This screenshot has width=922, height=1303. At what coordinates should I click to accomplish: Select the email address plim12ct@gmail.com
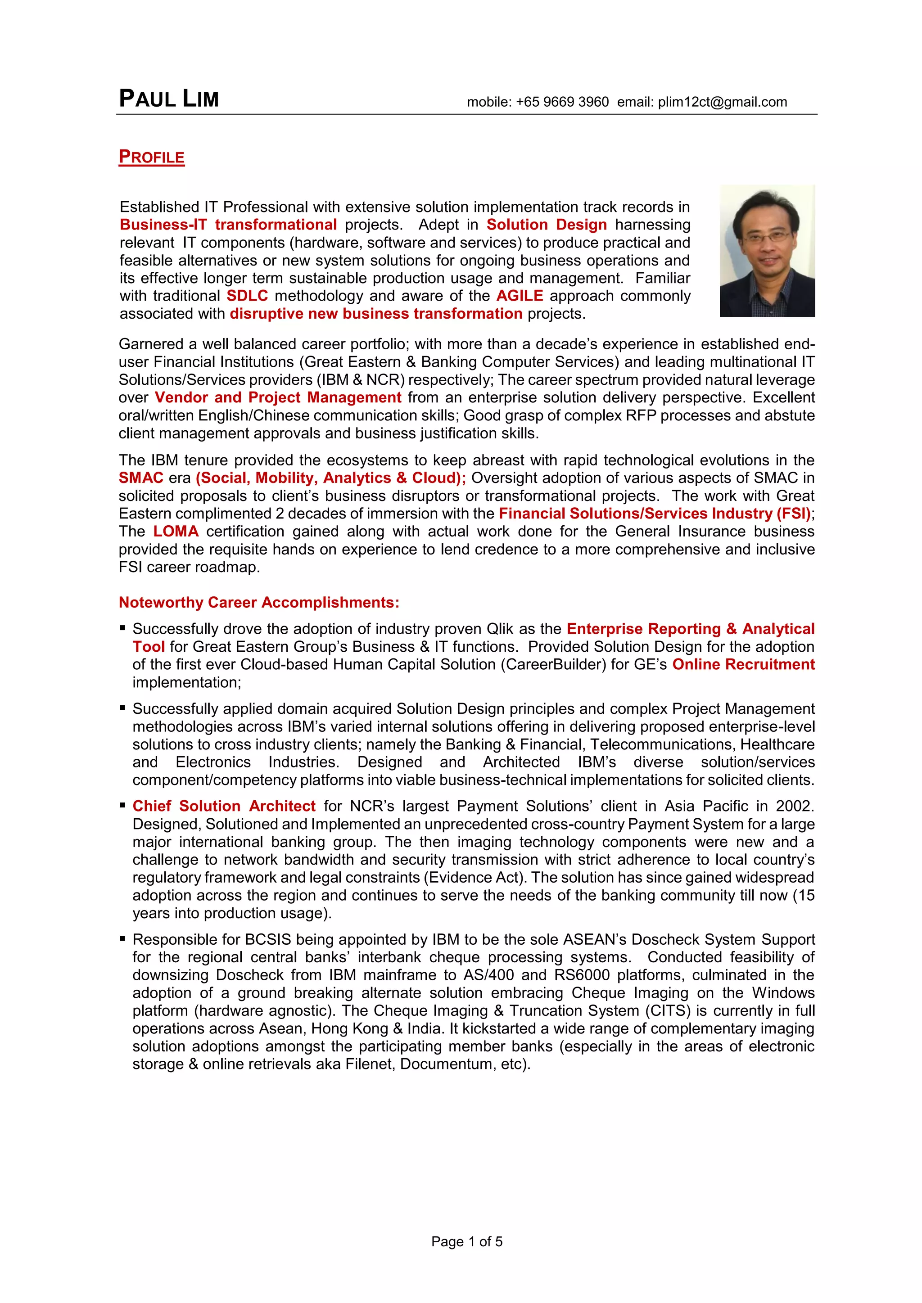(722, 102)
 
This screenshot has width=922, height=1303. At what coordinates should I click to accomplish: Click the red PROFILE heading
(152, 157)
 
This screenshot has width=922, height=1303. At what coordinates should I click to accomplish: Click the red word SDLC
(247, 296)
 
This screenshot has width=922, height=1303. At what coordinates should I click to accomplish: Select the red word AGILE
(520, 296)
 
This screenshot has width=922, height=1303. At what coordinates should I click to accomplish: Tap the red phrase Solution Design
(546, 225)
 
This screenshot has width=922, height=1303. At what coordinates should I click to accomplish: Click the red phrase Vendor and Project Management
(278, 397)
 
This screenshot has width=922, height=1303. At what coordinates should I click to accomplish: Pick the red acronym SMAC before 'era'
(141, 478)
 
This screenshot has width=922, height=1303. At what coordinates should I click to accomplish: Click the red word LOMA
(176, 531)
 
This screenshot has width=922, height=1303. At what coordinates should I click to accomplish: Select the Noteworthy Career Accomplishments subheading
(259, 602)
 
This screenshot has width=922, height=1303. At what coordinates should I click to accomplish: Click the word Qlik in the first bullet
(500, 629)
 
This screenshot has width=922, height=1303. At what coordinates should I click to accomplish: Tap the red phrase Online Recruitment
(743, 665)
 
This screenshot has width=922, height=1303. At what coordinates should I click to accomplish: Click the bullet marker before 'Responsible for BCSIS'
(122, 939)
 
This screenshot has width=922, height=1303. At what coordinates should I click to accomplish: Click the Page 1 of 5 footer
(467, 1242)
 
